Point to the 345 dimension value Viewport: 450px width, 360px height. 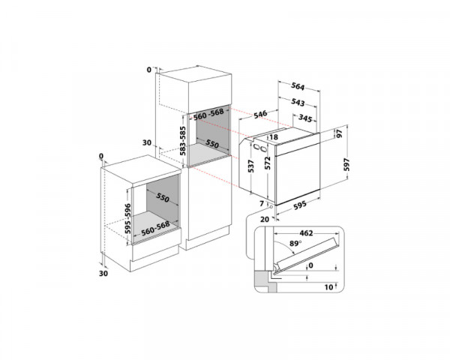point(305,118)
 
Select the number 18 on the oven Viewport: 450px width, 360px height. point(274,138)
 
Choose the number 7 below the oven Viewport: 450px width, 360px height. point(262,203)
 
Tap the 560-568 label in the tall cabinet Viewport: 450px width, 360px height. point(209,115)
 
